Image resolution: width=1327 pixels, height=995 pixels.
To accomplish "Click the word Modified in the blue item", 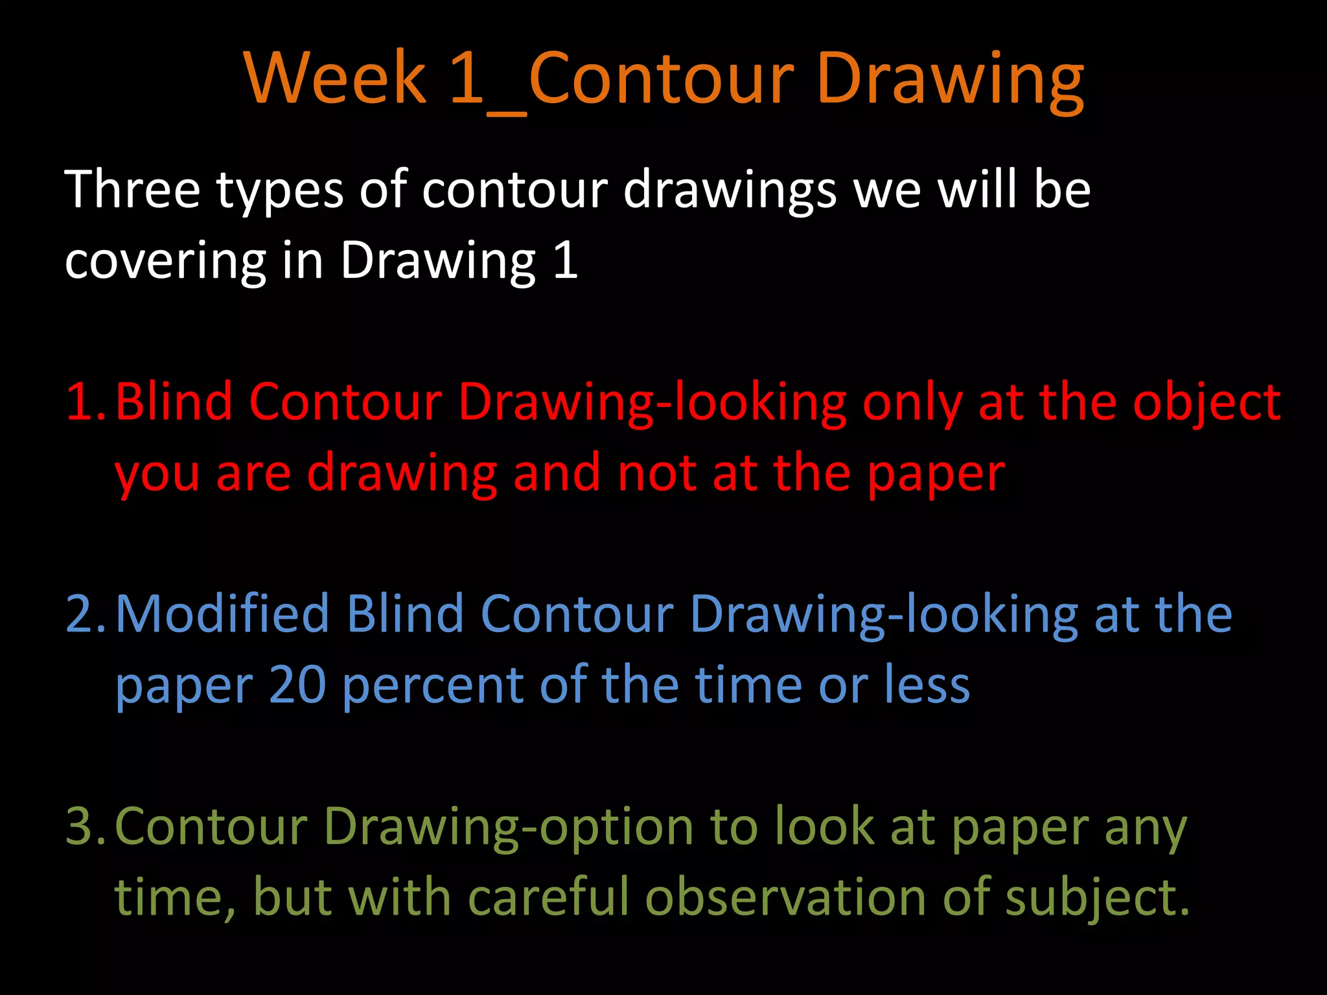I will point(222,613).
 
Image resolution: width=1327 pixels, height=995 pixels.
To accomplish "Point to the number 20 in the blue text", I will point(297,685).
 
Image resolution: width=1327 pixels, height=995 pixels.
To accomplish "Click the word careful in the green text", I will point(548,897).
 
